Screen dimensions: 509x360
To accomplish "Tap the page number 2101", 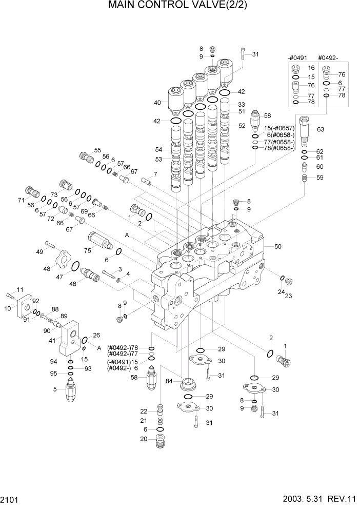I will click(x=12, y=499).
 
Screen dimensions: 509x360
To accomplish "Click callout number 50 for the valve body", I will click(x=278, y=247).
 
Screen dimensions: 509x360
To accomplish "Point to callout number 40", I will click(x=158, y=103).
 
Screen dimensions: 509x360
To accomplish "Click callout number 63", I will click(x=321, y=129).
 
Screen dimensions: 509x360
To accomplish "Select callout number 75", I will click(x=88, y=250).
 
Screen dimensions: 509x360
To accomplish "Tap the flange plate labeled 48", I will click(x=62, y=260).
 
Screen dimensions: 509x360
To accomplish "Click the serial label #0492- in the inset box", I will click(x=329, y=58).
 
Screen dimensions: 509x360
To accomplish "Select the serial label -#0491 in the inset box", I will click(x=297, y=58).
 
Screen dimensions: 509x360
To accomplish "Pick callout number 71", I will click(x=22, y=200).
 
